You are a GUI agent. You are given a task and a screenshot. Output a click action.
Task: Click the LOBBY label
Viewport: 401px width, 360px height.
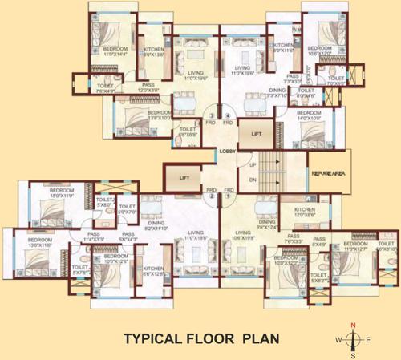click(229, 151)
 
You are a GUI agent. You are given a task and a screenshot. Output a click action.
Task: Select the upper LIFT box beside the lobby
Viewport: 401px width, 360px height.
click(256, 134)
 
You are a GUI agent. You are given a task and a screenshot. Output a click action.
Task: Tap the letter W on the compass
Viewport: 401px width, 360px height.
click(338, 340)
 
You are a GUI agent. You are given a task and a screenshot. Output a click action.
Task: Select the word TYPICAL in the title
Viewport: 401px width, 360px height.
click(152, 339)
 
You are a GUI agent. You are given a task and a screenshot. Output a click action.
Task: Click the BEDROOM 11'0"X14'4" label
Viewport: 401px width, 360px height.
click(107, 54)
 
